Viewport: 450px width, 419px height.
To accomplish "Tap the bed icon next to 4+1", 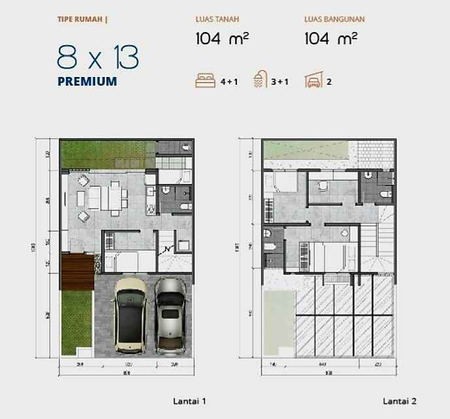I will (205, 82).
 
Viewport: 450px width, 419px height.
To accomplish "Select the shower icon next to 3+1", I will (261, 82).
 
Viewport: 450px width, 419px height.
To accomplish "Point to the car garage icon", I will (313, 82).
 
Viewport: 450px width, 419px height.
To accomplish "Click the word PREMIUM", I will (87, 82).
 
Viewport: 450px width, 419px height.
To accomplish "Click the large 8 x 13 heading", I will (98, 59).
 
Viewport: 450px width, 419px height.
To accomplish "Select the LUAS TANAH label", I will (217, 20).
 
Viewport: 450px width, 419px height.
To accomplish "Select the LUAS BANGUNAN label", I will (334, 20).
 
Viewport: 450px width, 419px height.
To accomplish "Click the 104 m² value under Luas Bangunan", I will (330, 39).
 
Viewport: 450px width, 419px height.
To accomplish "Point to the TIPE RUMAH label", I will (82, 20).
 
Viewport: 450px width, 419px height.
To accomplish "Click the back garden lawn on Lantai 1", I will (108, 155).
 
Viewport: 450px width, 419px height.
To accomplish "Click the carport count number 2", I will (329, 82).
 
